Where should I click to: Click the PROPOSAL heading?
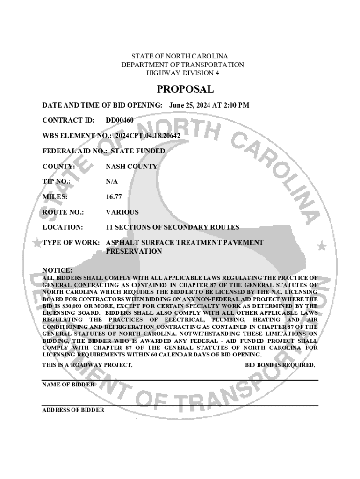click(x=185, y=89)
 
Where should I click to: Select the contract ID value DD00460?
click(x=120, y=120)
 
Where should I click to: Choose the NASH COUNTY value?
click(x=131, y=167)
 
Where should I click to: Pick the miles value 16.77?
click(x=114, y=197)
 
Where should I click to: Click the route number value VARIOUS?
click(x=122, y=212)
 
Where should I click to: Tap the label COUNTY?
click(x=58, y=167)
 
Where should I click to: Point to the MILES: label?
click(x=55, y=197)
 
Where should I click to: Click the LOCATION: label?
click(x=63, y=227)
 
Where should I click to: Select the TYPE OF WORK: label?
click(x=71, y=243)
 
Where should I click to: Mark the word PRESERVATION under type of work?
click(x=134, y=251)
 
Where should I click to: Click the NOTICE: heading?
click(x=58, y=270)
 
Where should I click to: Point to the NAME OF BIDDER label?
click(x=68, y=385)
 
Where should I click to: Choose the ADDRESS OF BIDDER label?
click(x=73, y=410)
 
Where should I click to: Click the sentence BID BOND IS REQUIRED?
click(x=280, y=365)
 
